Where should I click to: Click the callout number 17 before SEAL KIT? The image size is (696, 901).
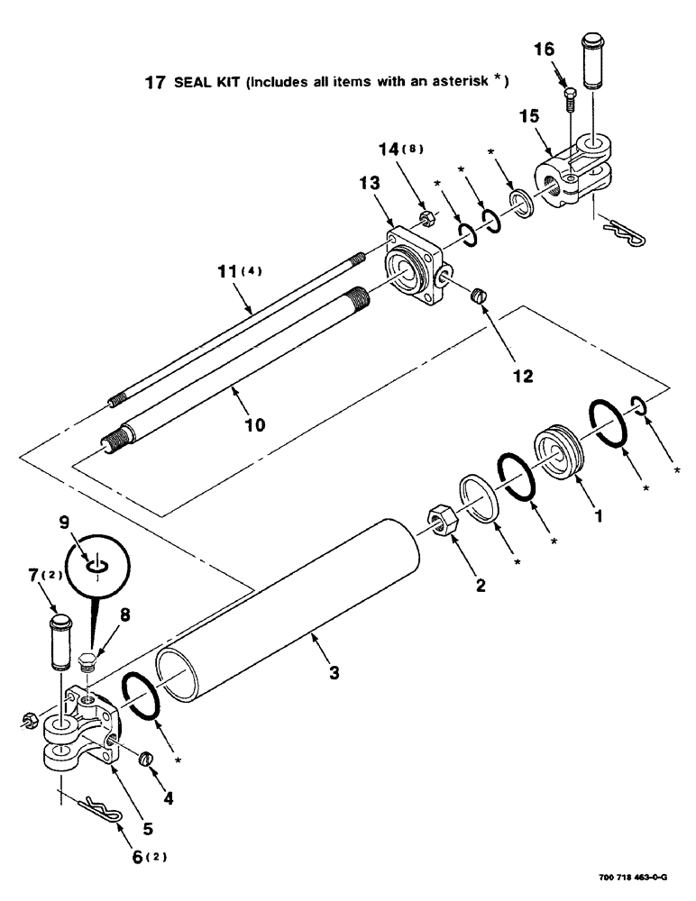[x=154, y=83]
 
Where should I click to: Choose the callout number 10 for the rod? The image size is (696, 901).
[x=254, y=423]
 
